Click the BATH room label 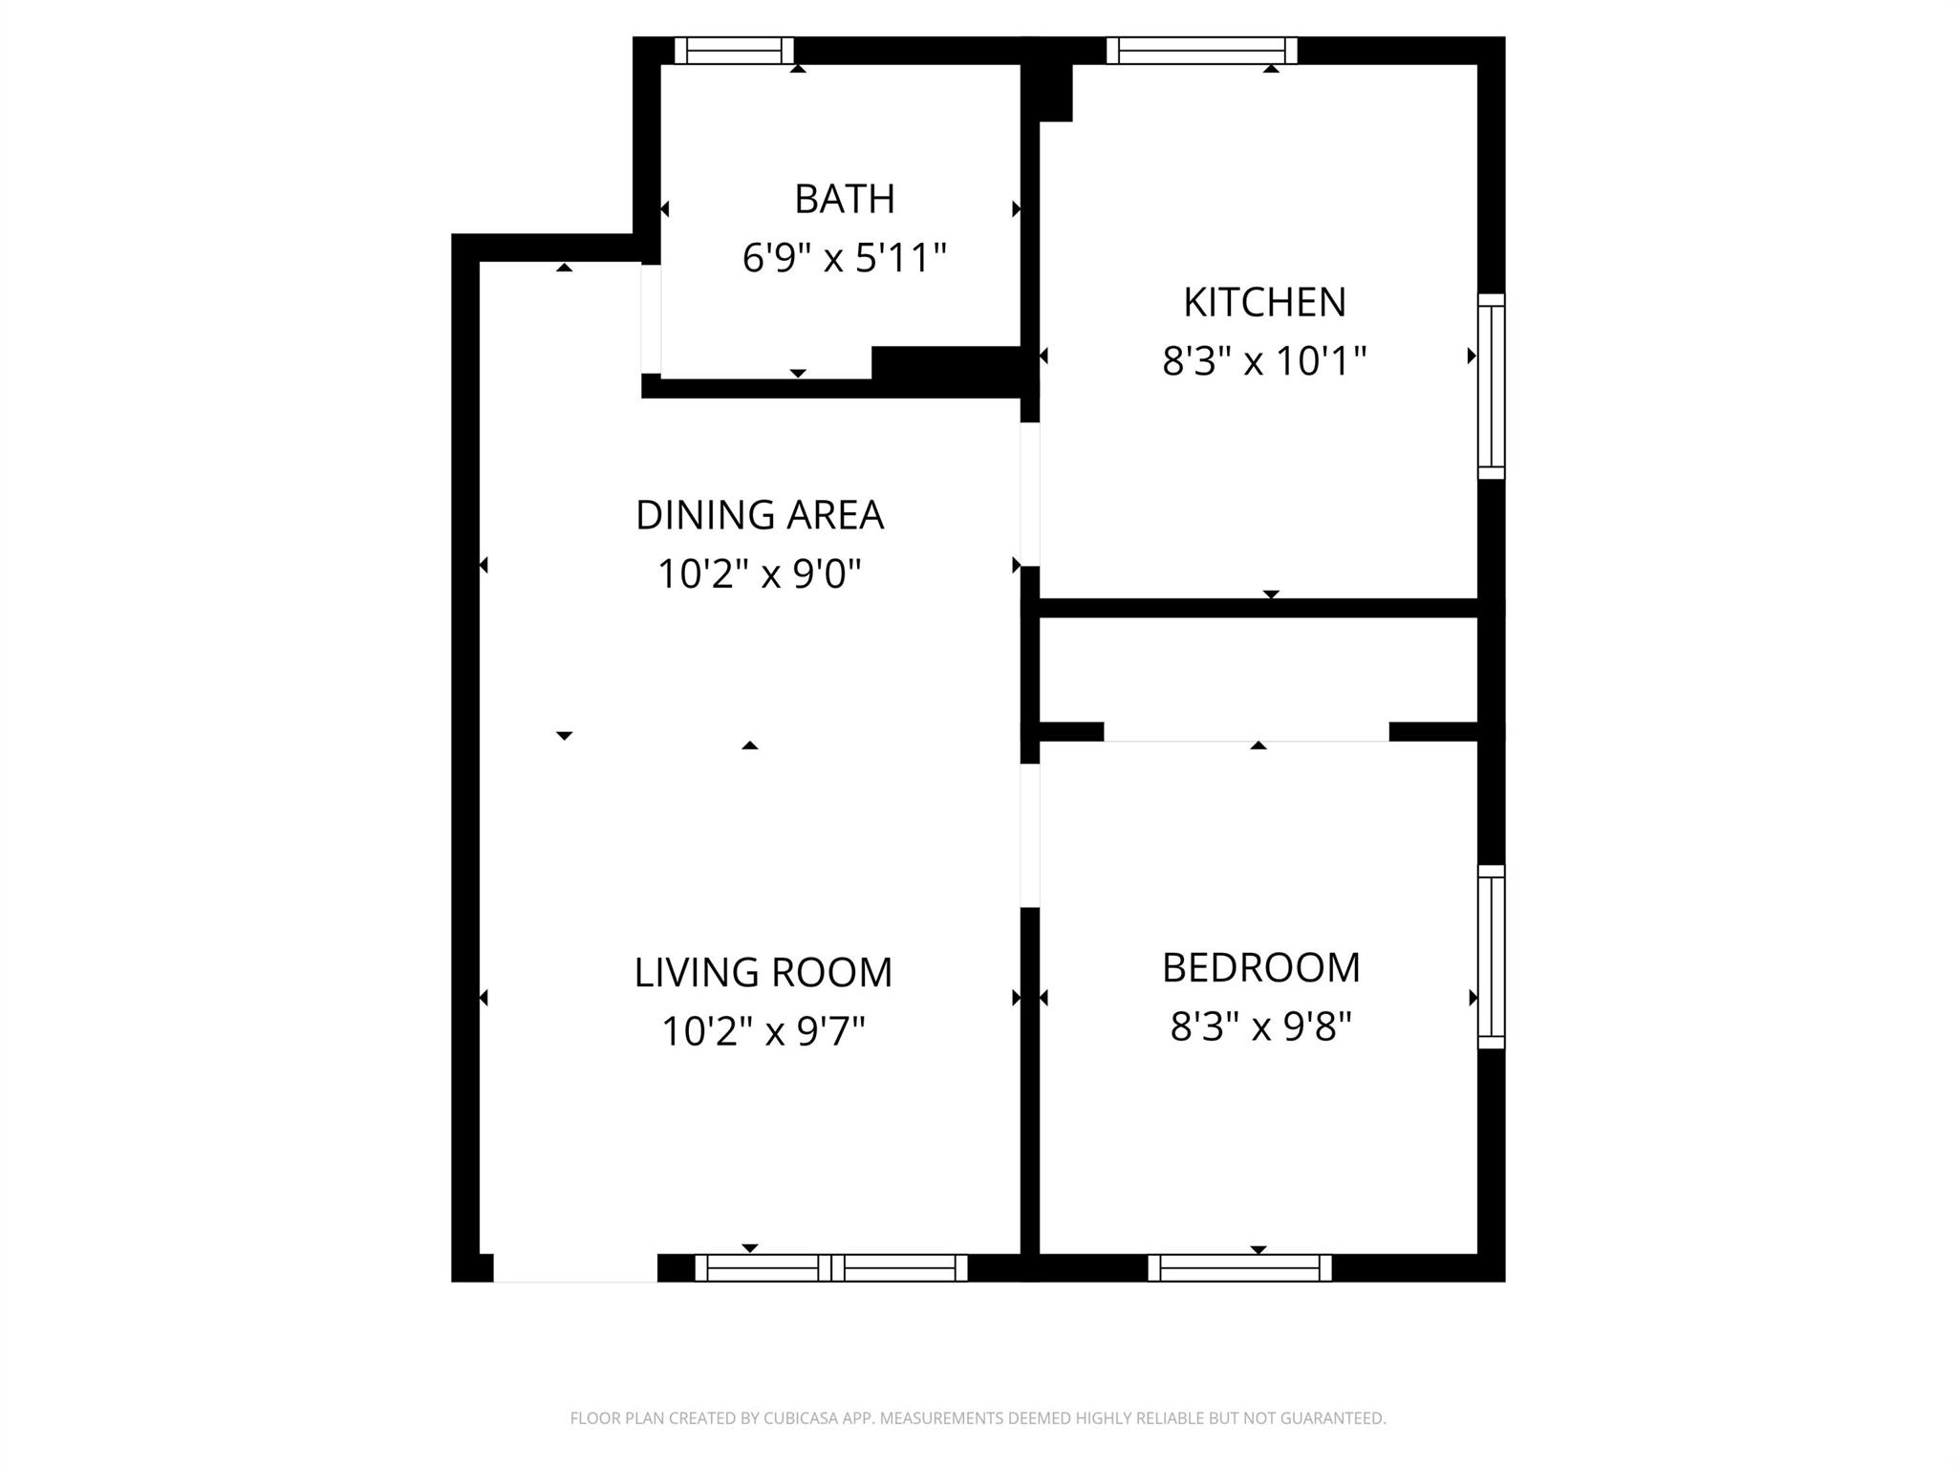point(844,199)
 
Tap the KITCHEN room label point(1264,302)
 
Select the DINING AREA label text point(760,515)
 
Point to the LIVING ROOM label point(763,972)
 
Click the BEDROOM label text point(1260,967)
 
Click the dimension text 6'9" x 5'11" point(844,258)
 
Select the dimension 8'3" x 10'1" point(1264,361)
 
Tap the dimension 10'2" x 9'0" point(760,574)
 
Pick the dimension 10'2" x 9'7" point(763,1031)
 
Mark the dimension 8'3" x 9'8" point(1260,1027)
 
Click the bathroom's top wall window point(734,50)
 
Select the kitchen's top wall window point(1201,50)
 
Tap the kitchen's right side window point(1491,386)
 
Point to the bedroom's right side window point(1491,957)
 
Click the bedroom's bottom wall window point(1239,1267)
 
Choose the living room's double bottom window point(830,1267)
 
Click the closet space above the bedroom point(1258,669)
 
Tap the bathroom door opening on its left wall point(651,318)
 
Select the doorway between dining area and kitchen point(1030,494)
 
